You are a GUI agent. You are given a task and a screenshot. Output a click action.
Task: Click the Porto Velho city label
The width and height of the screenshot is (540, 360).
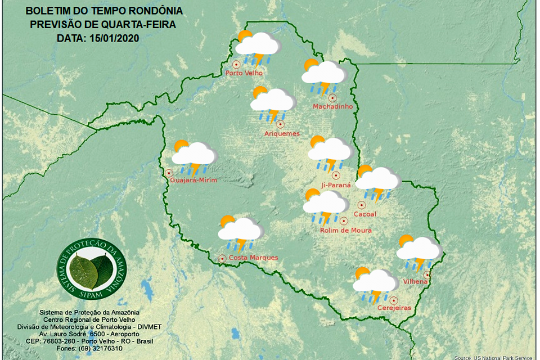(243, 73)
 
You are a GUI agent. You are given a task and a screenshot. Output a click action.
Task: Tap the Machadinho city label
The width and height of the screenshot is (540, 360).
(332, 106)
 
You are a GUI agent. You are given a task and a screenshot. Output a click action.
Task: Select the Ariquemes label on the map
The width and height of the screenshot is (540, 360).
(282, 134)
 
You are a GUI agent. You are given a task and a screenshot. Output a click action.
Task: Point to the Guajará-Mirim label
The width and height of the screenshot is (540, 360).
(193, 180)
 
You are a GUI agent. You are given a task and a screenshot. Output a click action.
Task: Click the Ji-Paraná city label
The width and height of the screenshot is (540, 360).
(335, 184)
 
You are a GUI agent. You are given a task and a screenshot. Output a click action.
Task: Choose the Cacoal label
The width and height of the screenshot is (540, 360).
(364, 214)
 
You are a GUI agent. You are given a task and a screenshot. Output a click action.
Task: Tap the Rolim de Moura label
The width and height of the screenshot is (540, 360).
(345, 231)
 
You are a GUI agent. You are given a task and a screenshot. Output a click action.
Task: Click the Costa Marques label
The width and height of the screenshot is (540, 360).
(253, 258)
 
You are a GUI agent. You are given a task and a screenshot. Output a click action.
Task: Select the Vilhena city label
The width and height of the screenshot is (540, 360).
(417, 281)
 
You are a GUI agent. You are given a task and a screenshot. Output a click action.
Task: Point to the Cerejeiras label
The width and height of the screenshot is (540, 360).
(394, 308)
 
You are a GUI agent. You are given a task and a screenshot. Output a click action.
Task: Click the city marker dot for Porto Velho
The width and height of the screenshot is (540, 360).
(236, 64)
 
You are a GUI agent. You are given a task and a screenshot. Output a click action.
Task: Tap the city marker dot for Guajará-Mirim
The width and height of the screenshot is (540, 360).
(168, 173)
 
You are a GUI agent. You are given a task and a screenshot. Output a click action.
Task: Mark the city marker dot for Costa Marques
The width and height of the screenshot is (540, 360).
(222, 259)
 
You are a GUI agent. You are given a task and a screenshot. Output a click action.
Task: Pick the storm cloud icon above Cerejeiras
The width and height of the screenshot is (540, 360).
(374, 285)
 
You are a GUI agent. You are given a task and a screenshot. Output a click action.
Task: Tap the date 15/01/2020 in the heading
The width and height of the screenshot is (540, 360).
(114, 38)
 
